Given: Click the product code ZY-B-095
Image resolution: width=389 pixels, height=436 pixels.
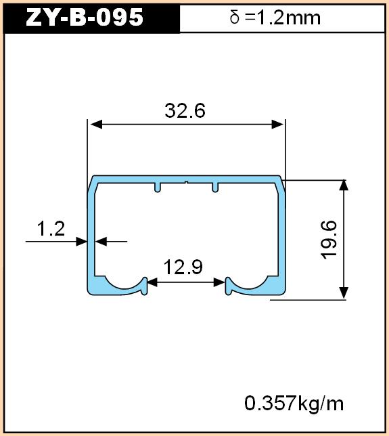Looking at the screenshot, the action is point(85,17).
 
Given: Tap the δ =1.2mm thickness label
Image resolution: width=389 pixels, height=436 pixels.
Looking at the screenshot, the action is point(275,18).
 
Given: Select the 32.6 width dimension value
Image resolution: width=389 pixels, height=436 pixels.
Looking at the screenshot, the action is point(185,110).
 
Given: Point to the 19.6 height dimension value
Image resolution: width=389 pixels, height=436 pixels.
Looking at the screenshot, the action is point(329,240).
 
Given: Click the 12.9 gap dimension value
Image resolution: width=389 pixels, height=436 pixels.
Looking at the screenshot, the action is point(183,267).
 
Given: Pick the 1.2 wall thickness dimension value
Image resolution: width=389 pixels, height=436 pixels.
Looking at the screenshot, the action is point(51,229).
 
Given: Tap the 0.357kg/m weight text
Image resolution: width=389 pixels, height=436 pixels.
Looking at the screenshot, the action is point(294,404).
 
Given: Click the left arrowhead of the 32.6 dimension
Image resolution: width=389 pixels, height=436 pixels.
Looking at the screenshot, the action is point(96,125).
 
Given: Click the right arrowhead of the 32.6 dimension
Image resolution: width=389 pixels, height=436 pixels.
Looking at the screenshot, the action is point(277,125).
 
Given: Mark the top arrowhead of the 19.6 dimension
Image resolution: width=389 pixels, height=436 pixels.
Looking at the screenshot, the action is point(344,185).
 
